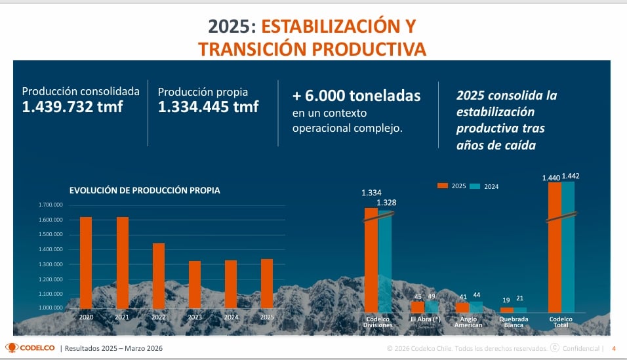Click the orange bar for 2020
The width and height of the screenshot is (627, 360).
pos(86,262)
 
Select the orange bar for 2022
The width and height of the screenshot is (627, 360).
pos(159,275)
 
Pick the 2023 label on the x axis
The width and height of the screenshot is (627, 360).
pos(194,317)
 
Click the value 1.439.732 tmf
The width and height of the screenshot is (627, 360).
pos(72,108)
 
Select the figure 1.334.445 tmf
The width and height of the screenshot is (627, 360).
pos(208,108)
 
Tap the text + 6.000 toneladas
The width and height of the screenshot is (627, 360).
pos(356,96)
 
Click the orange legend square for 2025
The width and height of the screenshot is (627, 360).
pos(442,186)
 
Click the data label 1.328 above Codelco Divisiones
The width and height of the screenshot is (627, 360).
pos(386,203)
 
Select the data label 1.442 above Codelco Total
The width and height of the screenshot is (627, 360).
pos(571,176)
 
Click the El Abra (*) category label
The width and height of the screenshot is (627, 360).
pos(424,319)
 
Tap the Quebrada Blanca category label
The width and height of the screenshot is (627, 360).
pos(514,322)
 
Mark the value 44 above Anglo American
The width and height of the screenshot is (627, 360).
pos(477,296)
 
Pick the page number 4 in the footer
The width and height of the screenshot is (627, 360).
pos(614,348)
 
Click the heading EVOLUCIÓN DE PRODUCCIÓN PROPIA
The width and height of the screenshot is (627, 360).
pos(144,191)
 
